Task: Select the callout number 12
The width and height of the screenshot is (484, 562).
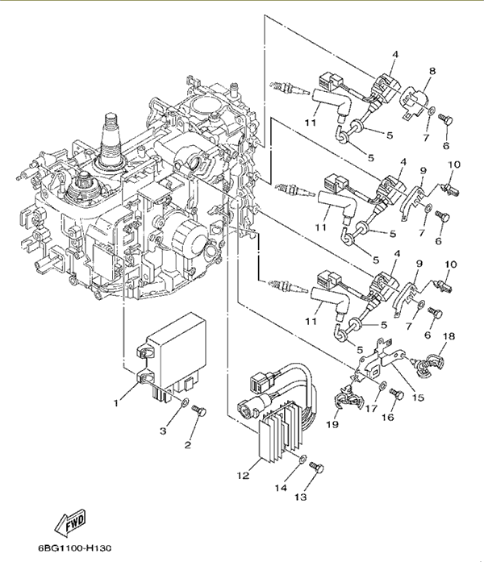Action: [243, 475]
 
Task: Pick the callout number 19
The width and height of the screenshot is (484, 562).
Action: [332, 423]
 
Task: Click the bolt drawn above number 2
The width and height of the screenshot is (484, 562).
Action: [202, 412]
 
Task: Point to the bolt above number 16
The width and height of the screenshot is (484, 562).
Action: [395, 393]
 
